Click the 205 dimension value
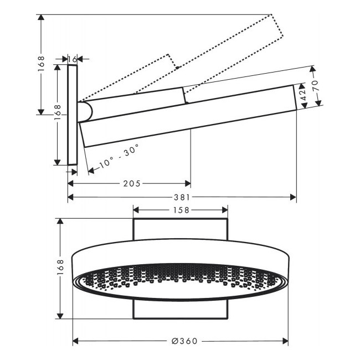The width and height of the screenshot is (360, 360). pos(132,183)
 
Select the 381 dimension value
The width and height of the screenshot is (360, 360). pos(182,197)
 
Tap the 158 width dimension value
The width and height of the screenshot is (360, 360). pos(181,210)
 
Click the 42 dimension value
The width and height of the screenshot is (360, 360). pos(304,94)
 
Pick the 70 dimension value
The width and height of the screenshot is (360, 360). pos(315,86)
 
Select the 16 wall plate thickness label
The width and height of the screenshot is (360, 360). pos(73,59)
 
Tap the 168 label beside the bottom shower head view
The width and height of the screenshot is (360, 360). pos(60,268)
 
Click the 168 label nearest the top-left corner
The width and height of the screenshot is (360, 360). pos(41,64)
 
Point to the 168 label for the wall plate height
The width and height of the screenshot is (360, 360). pos(58,113)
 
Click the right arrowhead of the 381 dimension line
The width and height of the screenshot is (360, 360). pos(293,197)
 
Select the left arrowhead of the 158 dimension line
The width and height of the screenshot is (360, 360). pos(136,210)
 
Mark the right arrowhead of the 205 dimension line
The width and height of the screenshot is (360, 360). pos(188,183)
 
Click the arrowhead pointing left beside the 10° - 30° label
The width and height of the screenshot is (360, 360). pos(91,171)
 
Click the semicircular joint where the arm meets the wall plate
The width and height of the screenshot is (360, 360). pos(85,112)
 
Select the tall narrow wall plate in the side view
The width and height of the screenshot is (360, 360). pos(73,115)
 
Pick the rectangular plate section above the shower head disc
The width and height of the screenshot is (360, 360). pos(181,229)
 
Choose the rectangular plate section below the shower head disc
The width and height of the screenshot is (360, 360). pos(181,309)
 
